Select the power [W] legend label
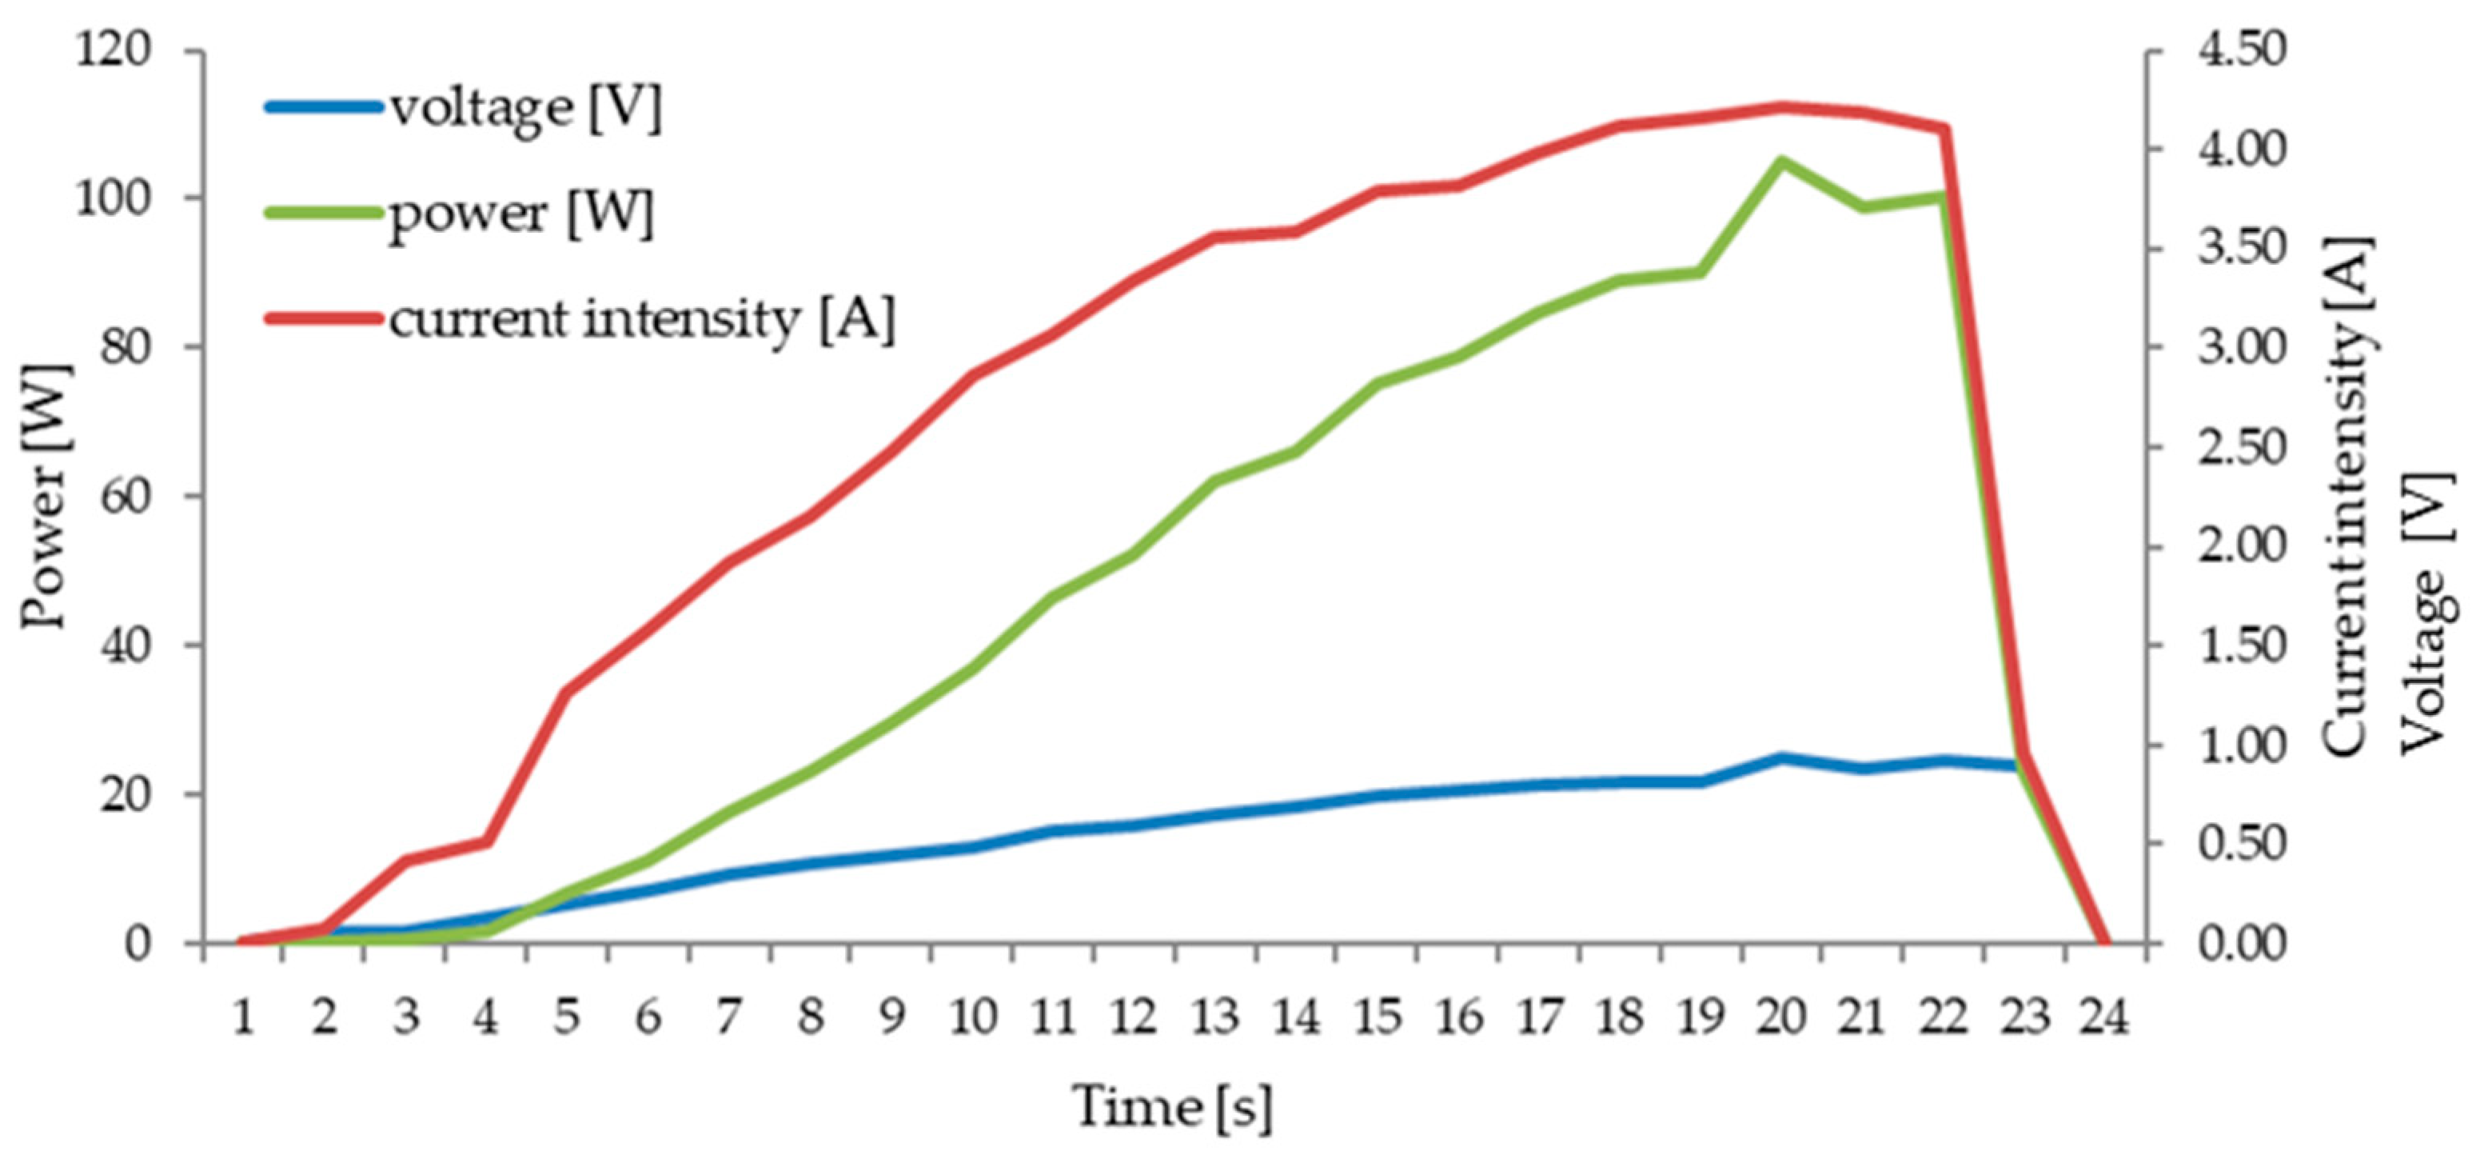coord(520,213)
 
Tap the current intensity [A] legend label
coord(641,318)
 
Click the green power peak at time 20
coord(1781,160)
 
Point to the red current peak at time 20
coord(1781,106)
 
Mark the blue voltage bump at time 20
coord(1781,758)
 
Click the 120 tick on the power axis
coord(114,50)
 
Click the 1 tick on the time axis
coord(244,1017)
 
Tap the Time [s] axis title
coord(1172,1107)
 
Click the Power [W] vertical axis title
coord(44,496)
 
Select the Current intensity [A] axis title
coord(2346,496)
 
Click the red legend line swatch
coord(322,318)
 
